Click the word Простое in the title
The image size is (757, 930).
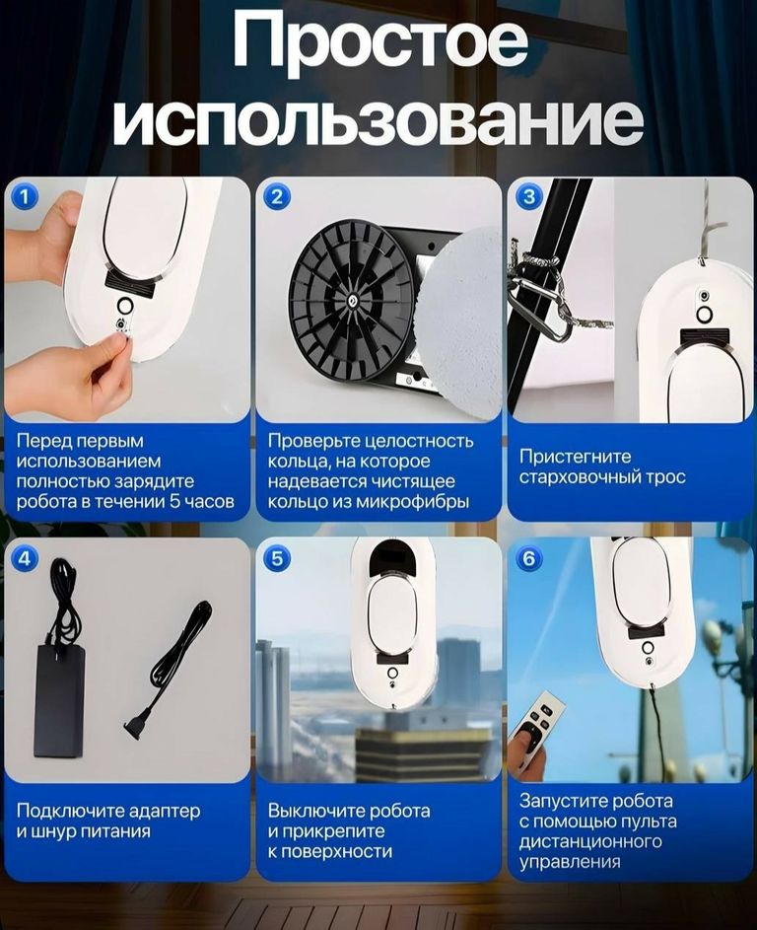coord(379,42)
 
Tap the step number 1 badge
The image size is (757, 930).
coord(25,197)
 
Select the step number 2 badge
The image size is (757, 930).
coord(277,197)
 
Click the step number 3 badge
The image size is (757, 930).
coord(529,197)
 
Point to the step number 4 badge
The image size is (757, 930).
coord(25,559)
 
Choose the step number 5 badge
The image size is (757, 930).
coord(277,559)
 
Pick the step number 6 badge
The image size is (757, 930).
coord(529,559)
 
